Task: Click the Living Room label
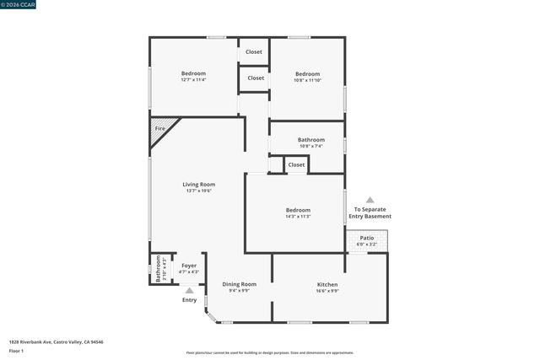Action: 199,187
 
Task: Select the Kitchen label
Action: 327,287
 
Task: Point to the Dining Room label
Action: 239,287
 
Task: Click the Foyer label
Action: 189,268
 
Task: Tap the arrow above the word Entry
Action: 189,290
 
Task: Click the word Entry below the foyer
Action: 189,300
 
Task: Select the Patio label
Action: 367,240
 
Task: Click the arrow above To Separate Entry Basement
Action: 370,200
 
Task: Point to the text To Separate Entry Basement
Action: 372,212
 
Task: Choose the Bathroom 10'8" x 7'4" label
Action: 311,142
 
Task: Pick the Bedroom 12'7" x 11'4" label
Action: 193,77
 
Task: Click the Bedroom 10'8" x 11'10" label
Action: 307,77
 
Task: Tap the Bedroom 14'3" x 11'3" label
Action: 298,212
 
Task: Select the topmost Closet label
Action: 254,52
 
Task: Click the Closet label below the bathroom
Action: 296,164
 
